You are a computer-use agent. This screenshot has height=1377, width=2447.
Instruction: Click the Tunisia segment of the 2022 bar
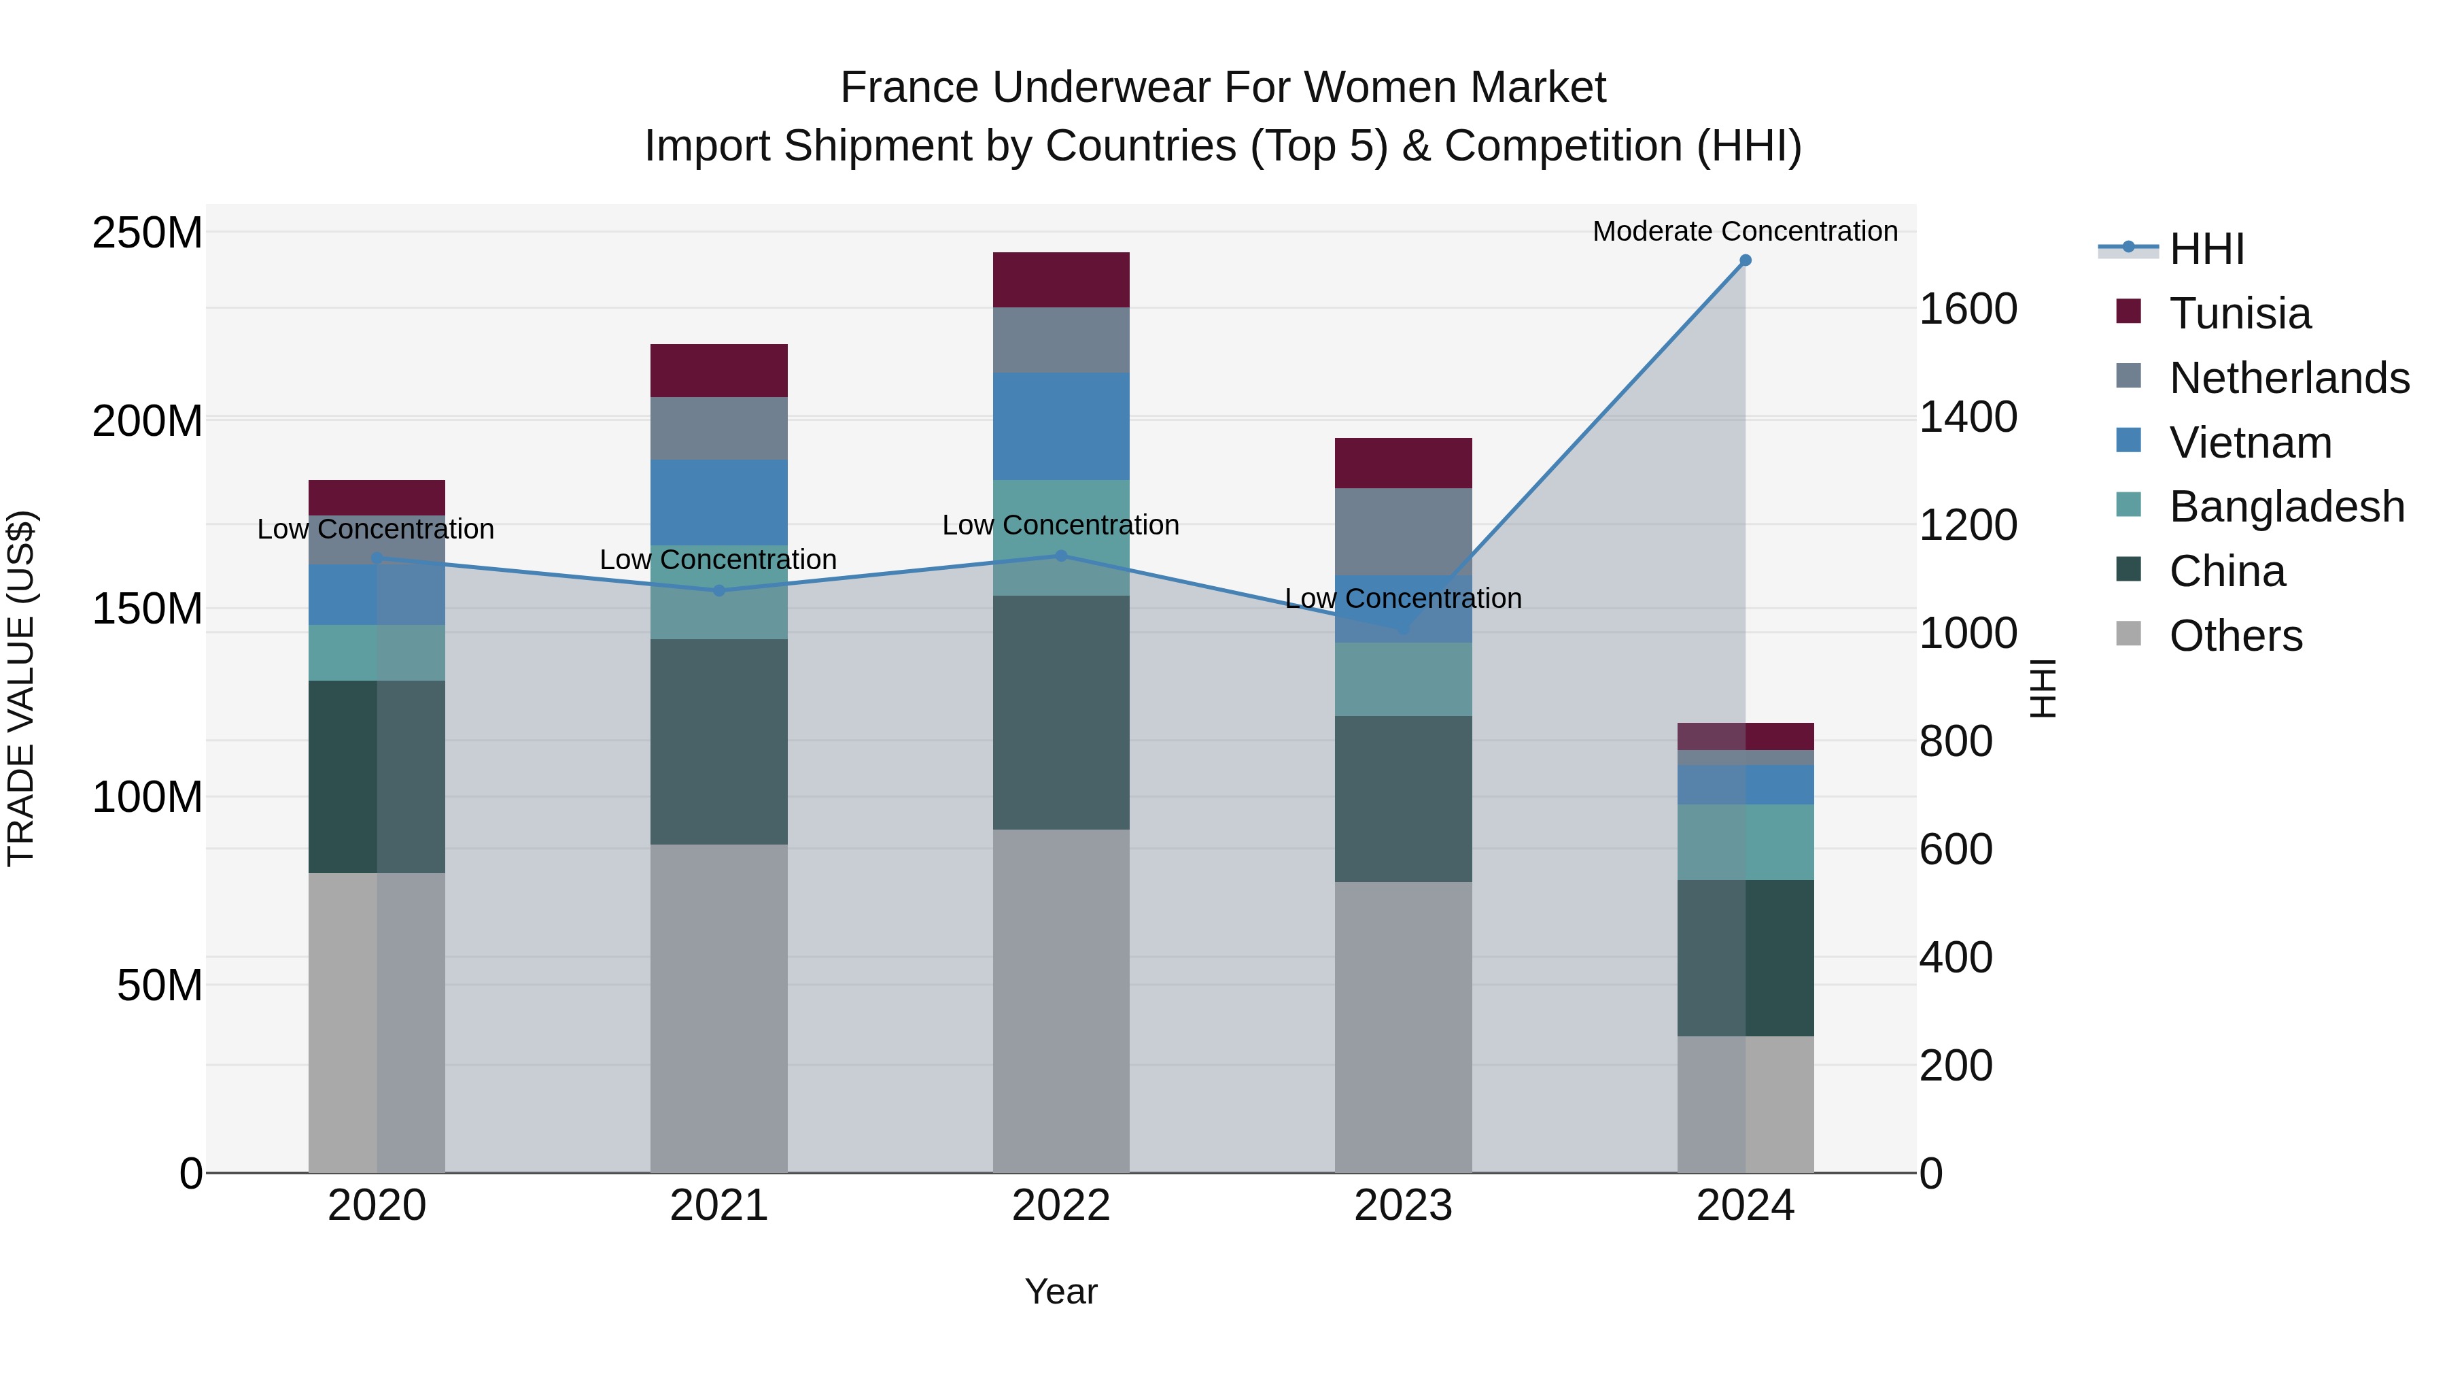pos(1061,279)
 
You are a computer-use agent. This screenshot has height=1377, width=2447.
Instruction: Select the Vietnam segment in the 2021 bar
pos(719,502)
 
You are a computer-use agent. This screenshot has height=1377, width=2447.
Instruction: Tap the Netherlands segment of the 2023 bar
pos(1403,531)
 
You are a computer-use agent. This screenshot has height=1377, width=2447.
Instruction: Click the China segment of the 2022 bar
pos(1061,713)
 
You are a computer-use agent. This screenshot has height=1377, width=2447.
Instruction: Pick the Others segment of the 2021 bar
pos(719,1007)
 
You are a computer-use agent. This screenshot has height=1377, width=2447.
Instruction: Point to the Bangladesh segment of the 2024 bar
pos(1745,842)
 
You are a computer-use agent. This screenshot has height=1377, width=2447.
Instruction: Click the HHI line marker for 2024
pos(1745,260)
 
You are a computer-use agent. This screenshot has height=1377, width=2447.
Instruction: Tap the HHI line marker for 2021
pos(719,590)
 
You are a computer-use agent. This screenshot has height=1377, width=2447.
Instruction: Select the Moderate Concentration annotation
pos(1745,231)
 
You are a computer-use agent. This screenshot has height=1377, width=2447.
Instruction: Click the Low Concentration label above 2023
pos(1403,598)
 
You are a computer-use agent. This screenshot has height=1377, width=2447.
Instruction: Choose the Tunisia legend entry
pos(2239,313)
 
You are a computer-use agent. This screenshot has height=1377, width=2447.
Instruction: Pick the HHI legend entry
pos(2206,249)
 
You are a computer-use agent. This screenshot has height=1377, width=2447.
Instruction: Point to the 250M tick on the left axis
pos(147,233)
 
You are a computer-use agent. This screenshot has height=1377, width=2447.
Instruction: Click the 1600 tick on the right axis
pos(1968,309)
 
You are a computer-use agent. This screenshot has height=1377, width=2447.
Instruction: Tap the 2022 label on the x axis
pos(1061,1206)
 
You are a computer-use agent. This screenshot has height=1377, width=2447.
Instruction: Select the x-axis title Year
pos(1061,1291)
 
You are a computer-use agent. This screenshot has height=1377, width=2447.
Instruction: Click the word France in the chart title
pos(909,88)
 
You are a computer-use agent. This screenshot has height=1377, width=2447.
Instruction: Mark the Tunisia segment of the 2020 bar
pos(377,498)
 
